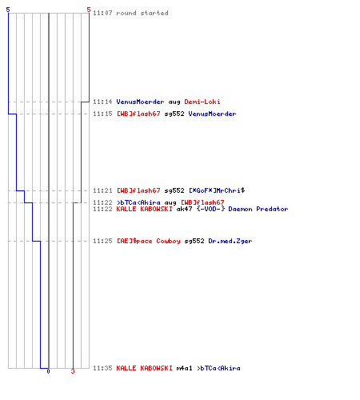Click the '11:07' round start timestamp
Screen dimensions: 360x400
pyautogui.click(x=102, y=13)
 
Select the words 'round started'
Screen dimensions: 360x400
pyautogui.click(x=142, y=13)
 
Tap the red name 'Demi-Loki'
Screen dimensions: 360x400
pyautogui.click(x=202, y=102)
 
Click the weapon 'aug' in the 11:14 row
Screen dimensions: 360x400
pyautogui.click(x=174, y=102)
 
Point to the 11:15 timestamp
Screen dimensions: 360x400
pyautogui.click(x=102, y=114)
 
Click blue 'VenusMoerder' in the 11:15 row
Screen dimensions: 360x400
pyautogui.click(x=212, y=114)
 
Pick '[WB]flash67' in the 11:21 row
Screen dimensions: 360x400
pyautogui.click(x=138, y=190)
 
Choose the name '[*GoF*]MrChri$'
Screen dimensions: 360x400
pyautogui.click(x=217, y=190)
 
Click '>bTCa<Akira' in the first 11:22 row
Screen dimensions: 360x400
pyautogui.click(x=138, y=202)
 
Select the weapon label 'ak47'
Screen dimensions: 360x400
pyautogui.click(x=184, y=209)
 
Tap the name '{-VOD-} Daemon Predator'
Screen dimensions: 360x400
pyautogui.click(x=242, y=209)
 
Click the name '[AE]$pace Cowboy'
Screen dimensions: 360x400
pyautogui.click(x=149, y=241)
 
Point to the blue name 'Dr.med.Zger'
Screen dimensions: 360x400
pyautogui.click(x=230, y=241)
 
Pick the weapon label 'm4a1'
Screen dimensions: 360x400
pyautogui.click(x=184, y=368)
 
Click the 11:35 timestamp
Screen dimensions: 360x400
pyautogui.click(x=102, y=368)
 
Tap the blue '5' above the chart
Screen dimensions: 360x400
pyautogui.click(x=8, y=10)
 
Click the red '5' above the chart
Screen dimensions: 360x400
pyautogui.click(x=89, y=10)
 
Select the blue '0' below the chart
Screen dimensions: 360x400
pyautogui.click(x=48, y=371)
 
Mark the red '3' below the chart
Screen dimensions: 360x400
pyautogui.click(x=73, y=371)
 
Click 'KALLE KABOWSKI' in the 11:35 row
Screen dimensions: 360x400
pyautogui.click(x=145, y=368)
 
